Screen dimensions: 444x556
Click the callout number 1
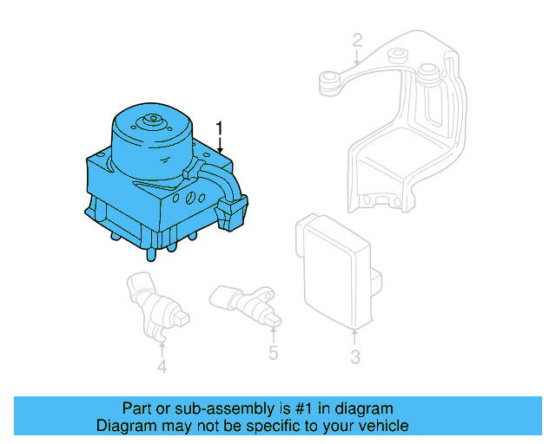pos(220,128)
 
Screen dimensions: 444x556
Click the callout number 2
pos(356,39)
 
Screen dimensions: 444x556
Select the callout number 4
pos(162,367)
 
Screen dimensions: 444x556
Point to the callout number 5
pos(273,352)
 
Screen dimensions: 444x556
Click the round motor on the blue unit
pos(153,143)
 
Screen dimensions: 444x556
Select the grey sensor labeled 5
pos(242,303)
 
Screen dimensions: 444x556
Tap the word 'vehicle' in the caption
pos(385,426)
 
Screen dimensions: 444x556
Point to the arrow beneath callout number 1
pos(220,147)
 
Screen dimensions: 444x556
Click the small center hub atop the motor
pos(153,121)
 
